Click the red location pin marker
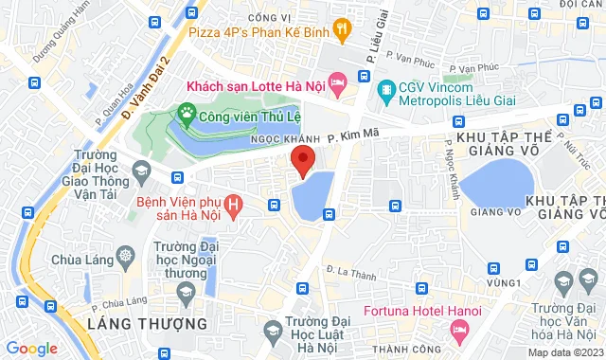pos(302,161)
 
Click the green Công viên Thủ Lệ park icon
pos(187,117)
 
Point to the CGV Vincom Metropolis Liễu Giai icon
pos(385,92)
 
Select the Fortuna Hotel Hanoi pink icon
pos(460,331)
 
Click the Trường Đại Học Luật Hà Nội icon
pos(273,331)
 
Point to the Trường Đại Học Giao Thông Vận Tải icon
pos(141,172)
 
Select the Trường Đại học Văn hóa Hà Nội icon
pos(562,281)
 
